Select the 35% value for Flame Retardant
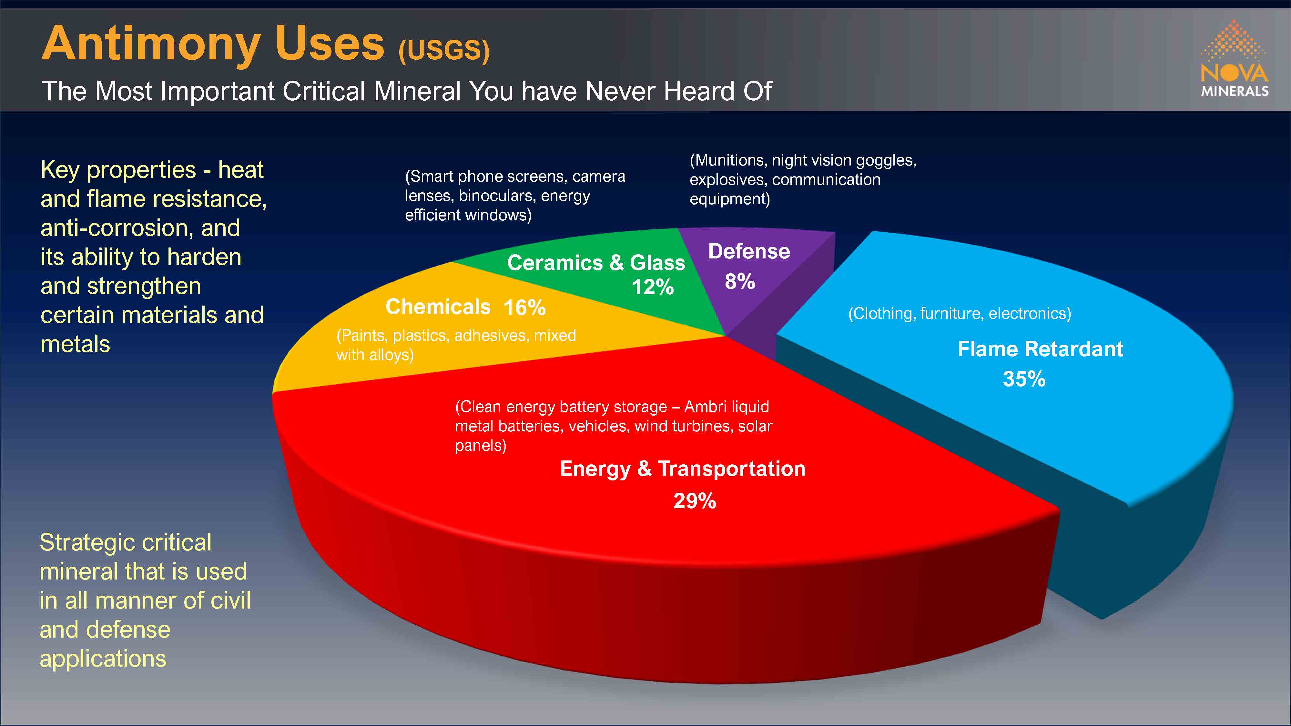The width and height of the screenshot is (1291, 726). [x=1024, y=379]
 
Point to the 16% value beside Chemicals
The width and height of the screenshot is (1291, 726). [x=524, y=308]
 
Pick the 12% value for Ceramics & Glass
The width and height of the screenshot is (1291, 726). [x=653, y=287]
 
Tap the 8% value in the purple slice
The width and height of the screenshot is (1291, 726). [x=740, y=282]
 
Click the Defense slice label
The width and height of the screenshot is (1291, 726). [x=749, y=251]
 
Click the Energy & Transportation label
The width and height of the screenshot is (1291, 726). [x=683, y=469]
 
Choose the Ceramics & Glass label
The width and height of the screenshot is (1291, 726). [x=596, y=263]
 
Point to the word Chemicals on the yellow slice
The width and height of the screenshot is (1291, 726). [x=438, y=307]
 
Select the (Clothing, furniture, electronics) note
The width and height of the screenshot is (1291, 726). [x=959, y=314]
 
